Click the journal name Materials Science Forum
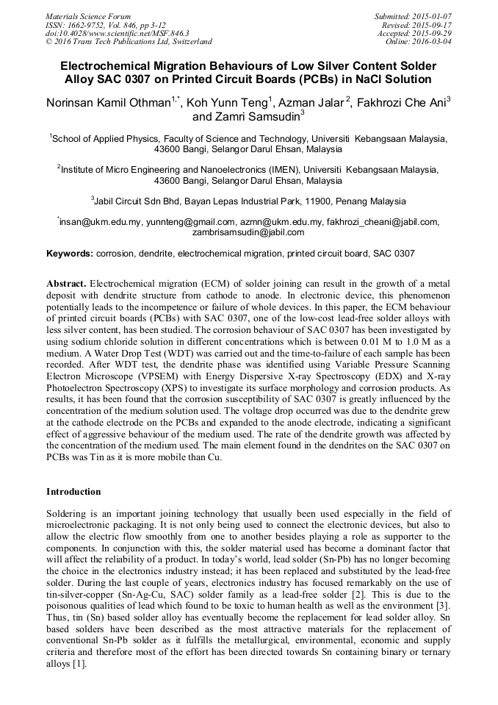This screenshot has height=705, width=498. [88, 15]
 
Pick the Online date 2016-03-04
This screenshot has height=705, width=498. [419, 42]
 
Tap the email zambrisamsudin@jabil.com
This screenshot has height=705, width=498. [248, 232]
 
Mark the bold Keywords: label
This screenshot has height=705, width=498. [70, 254]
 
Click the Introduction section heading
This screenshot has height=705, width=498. [73, 491]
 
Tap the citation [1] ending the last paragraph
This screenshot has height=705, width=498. [79, 664]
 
